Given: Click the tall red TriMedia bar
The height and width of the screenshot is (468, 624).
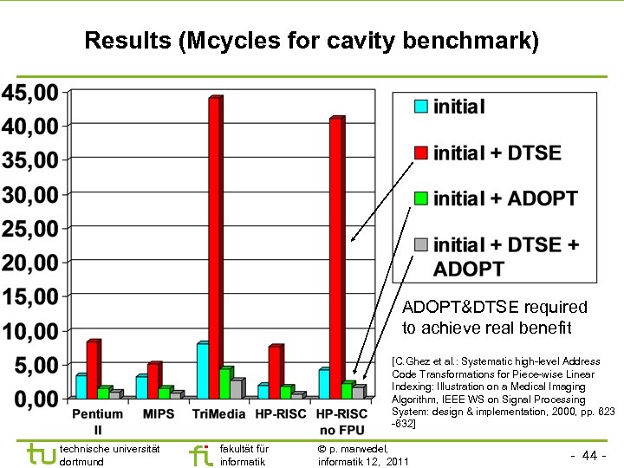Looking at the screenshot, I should (x=214, y=247).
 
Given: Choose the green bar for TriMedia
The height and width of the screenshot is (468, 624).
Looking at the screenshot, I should (x=224, y=383).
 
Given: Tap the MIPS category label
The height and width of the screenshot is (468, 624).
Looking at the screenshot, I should (x=159, y=414).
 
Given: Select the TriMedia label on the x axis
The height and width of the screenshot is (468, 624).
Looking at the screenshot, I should (x=218, y=414).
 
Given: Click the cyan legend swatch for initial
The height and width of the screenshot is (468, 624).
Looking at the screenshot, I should (x=420, y=107).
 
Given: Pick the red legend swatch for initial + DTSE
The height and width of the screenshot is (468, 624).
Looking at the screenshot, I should (x=420, y=153).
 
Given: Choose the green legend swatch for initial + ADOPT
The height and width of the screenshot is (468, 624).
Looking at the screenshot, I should (x=420, y=198).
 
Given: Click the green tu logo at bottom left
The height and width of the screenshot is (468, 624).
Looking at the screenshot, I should (x=40, y=453).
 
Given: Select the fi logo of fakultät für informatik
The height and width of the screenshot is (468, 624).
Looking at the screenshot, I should (x=199, y=453).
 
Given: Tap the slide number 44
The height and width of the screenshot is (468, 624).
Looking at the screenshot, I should (x=589, y=455).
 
